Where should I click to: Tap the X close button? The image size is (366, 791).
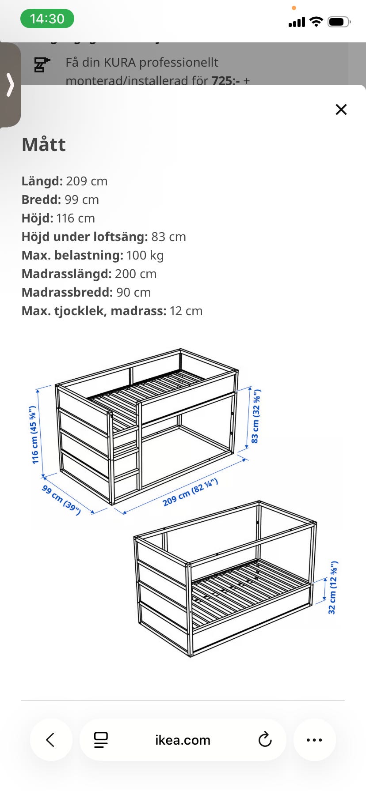pyautogui.click(x=341, y=109)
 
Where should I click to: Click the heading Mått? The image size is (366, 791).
pyautogui.click(x=44, y=145)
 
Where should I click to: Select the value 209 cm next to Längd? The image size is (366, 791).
pyautogui.click(x=87, y=181)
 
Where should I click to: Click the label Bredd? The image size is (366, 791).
pyautogui.click(x=41, y=200)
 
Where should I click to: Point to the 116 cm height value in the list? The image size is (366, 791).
pyautogui.click(x=76, y=218)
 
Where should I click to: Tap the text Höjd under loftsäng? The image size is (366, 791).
pyautogui.click(x=84, y=237)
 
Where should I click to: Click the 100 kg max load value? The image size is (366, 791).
pyautogui.click(x=145, y=256)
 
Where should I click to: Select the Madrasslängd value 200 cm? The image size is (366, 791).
pyautogui.click(x=136, y=274)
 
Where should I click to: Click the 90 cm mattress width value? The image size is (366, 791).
pyautogui.click(x=133, y=293)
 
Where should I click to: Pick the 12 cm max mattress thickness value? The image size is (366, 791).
pyautogui.click(x=186, y=311)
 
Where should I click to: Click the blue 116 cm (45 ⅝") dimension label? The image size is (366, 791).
pyautogui.click(x=34, y=435)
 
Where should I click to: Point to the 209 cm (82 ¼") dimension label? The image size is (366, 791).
pyautogui.click(x=190, y=492)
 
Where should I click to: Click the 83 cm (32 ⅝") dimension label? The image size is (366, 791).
pyautogui.click(x=256, y=416)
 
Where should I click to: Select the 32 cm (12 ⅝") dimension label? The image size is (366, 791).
pyautogui.click(x=333, y=588)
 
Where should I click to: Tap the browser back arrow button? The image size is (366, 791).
pyautogui.click(x=51, y=740)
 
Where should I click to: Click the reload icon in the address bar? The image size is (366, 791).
pyautogui.click(x=265, y=740)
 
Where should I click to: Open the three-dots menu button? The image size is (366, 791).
pyautogui.click(x=314, y=740)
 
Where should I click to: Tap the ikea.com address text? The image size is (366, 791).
pyautogui.click(x=183, y=740)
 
